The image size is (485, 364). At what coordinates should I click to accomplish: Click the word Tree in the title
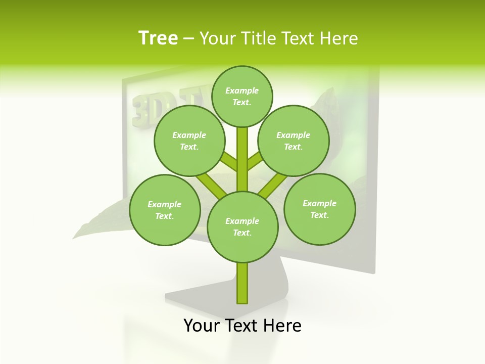click(158, 38)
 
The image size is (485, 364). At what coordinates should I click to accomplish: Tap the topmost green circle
click(242, 96)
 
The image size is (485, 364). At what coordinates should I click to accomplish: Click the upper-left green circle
click(189, 141)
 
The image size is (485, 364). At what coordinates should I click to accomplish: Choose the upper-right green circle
click(294, 141)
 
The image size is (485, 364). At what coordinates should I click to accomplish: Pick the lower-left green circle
click(165, 210)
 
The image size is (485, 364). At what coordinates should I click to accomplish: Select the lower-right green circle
click(319, 209)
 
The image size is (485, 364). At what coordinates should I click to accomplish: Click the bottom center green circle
click(243, 226)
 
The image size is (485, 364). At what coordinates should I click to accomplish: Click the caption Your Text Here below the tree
click(243, 326)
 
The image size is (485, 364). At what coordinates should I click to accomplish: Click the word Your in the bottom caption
click(201, 326)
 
